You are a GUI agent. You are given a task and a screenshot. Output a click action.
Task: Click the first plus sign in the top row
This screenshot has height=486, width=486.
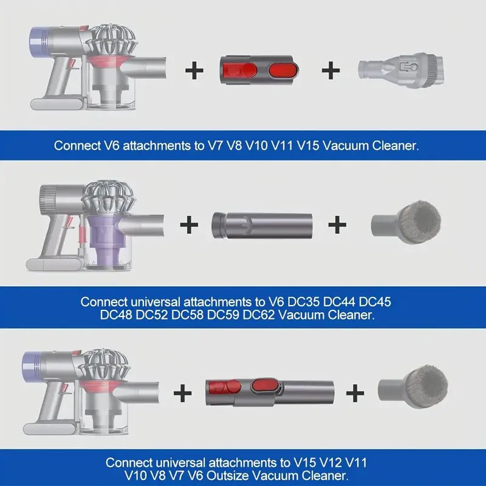(x=194, y=70)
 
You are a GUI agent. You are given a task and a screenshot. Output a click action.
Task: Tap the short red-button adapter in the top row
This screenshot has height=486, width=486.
(x=259, y=71)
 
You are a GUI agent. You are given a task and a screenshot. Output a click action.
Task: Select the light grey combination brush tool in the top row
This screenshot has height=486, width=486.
(x=402, y=70)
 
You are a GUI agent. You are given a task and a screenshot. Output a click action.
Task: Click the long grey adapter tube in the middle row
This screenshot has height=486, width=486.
(x=262, y=225)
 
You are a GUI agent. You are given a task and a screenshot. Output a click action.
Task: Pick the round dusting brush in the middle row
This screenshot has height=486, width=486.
(x=406, y=221)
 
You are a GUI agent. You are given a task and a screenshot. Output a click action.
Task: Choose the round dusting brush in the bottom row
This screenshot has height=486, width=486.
(x=413, y=386)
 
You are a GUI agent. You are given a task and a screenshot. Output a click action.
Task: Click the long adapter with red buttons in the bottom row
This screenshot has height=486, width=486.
(x=270, y=392)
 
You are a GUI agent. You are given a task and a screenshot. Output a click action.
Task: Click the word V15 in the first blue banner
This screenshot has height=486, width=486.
(x=308, y=146)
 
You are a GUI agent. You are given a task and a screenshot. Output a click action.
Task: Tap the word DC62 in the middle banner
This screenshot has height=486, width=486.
(x=259, y=315)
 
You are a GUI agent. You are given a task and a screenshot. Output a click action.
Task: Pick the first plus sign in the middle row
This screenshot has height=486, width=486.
(x=189, y=225)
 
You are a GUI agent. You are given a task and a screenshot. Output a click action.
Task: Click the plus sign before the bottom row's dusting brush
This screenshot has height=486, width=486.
(x=355, y=393)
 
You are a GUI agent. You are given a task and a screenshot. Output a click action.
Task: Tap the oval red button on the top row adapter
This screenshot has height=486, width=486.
(x=284, y=70)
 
